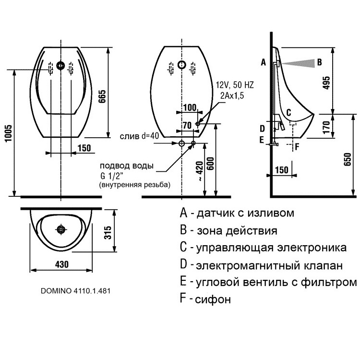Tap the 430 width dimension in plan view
61,264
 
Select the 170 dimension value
326,127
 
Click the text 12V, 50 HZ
235,85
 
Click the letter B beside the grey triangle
319,62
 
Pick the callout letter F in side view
298,146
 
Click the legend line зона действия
236,230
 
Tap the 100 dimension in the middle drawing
190,107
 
